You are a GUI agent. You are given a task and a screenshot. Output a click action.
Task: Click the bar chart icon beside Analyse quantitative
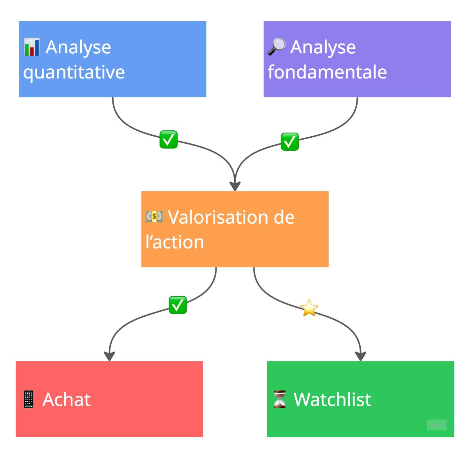[x=32, y=47]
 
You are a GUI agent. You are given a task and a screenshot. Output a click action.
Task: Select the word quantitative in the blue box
[x=74, y=72]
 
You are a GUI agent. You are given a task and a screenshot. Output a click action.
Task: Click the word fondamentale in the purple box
[x=327, y=72]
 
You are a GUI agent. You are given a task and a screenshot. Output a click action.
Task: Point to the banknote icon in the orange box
[x=154, y=216]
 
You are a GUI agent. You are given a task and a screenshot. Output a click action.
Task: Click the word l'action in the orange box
[x=175, y=242]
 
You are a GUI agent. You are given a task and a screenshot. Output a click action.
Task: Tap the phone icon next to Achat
[x=29, y=399]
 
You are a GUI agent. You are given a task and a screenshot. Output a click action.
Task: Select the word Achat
[x=67, y=400]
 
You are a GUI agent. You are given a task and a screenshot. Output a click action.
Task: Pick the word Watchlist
[x=333, y=399]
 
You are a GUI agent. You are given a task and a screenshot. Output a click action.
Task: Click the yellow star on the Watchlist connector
[x=309, y=308]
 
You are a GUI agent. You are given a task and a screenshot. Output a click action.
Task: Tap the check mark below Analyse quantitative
[x=168, y=139]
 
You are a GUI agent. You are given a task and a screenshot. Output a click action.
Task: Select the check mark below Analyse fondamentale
[x=290, y=142]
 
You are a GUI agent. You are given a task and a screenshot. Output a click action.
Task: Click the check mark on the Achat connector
[x=178, y=305]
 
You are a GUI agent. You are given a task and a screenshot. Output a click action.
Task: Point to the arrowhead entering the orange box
[x=235, y=186]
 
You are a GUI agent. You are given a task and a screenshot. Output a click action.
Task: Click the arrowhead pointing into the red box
[x=109, y=356]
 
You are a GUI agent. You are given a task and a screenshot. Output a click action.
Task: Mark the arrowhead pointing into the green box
[x=361, y=356]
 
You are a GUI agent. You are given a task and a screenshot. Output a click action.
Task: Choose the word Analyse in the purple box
[x=323, y=47]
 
